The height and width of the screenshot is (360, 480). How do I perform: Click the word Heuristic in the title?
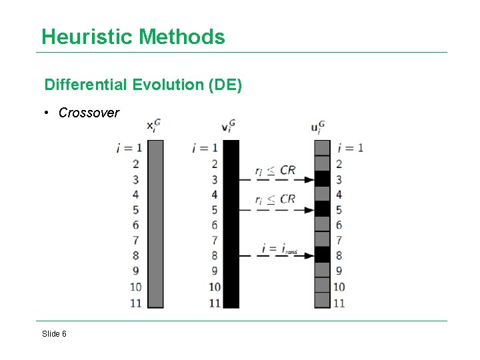click(87, 37)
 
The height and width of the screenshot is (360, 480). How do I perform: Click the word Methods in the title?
click(181, 37)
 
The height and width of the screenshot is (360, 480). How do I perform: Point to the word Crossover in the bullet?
click(89, 113)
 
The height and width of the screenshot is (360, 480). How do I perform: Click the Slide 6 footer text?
click(54, 333)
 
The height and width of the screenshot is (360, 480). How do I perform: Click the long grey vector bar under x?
click(155, 224)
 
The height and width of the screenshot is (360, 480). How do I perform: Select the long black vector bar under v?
click(231, 224)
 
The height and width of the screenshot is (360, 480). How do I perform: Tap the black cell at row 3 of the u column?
click(322, 179)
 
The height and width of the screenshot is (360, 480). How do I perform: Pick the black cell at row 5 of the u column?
click(322, 209)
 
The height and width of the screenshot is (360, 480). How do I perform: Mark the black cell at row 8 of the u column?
click(322, 255)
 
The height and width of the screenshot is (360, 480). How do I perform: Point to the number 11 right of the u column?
click(339, 303)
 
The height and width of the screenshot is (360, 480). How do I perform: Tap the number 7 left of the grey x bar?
click(135, 240)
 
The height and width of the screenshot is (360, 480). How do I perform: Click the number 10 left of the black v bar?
click(214, 287)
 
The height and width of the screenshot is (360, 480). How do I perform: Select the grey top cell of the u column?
click(322, 147)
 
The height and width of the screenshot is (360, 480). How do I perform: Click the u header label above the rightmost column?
click(318, 127)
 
